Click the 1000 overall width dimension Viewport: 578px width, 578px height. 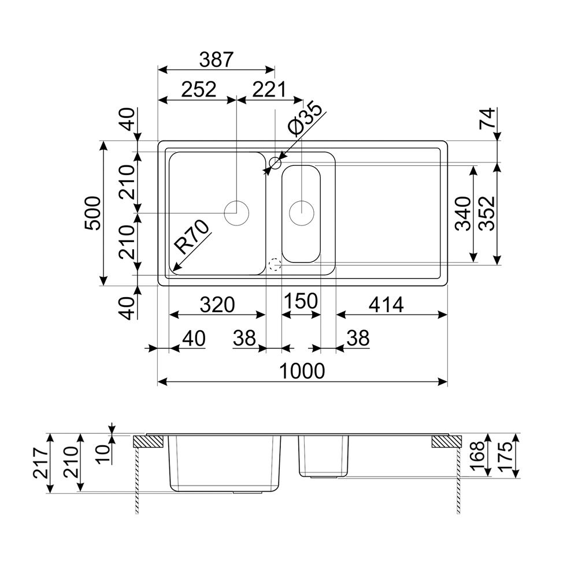(302, 371)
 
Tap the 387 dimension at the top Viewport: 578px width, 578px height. (216, 60)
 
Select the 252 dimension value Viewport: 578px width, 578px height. (199, 90)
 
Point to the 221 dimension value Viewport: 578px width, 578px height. (269, 90)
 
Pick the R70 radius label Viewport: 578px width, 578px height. (192, 237)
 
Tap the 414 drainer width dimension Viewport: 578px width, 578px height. (386, 305)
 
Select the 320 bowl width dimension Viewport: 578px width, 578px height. (217, 305)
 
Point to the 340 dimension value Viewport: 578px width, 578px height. (463, 214)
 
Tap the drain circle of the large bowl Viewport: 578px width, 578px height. (236, 213)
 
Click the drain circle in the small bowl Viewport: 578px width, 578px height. (302, 213)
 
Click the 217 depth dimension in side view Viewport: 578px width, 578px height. (40, 464)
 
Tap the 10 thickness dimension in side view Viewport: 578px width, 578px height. (103, 454)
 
